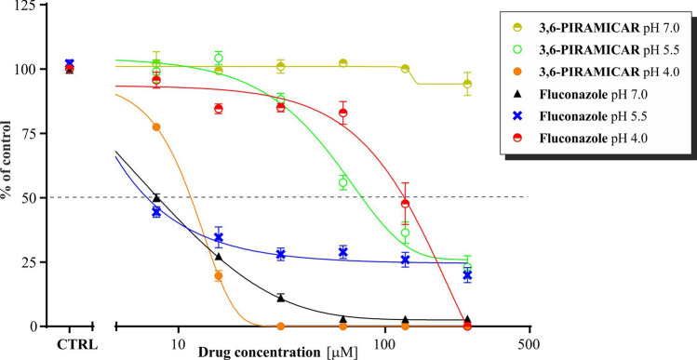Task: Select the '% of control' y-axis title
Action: pos(8,167)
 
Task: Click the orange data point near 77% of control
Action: pos(156,127)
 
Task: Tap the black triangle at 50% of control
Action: pos(156,197)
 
